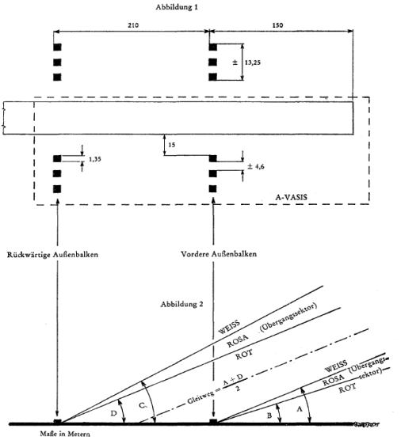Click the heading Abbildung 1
click(x=177, y=7)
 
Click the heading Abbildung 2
click(x=181, y=304)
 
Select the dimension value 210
click(x=133, y=25)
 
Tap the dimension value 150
click(x=277, y=25)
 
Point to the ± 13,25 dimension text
click(x=246, y=63)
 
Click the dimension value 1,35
click(x=95, y=159)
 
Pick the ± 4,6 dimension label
click(x=256, y=166)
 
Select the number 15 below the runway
click(x=171, y=145)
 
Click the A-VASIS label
click(x=291, y=197)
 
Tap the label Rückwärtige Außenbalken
click(x=52, y=255)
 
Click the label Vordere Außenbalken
click(x=219, y=254)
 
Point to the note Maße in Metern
click(x=65, y=434)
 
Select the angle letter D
click(x=113, y=413)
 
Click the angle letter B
click(x=269, y=416)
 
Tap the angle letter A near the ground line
click(x=300, y=409)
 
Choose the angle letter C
click(x=143, y=405)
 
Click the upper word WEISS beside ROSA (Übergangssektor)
click(x=229, y=327)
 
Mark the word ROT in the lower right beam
click(x=347, y=389)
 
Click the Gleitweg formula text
click(x=215, y=389)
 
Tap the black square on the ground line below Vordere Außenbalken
click(x=213, y=422)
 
